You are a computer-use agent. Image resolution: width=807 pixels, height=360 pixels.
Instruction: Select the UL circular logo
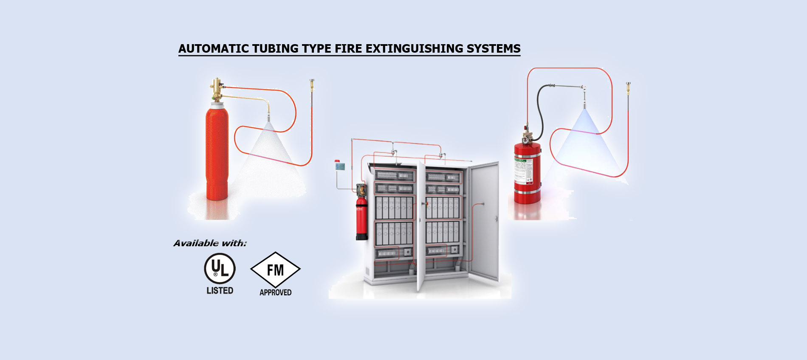220,268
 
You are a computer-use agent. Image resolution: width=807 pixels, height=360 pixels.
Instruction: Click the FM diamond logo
275,270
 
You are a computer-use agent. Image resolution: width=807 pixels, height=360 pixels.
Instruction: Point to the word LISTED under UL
220,291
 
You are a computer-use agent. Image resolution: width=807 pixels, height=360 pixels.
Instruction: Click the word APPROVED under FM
275,292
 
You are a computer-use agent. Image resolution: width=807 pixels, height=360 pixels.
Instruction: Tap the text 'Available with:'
210,243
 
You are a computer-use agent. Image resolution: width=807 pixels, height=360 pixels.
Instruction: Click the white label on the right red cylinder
523,170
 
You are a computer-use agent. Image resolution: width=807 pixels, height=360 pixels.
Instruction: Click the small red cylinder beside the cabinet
361,219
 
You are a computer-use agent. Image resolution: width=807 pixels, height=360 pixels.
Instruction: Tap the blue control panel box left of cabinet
340,166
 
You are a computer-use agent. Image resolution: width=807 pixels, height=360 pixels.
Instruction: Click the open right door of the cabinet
484,221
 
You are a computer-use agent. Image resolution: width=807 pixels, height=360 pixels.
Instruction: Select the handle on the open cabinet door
496,219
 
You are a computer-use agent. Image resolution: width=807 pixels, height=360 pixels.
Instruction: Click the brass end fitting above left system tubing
312,84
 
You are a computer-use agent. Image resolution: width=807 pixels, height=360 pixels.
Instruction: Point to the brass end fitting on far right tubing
628,88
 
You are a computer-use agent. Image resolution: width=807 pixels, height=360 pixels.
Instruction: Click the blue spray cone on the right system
584,136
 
